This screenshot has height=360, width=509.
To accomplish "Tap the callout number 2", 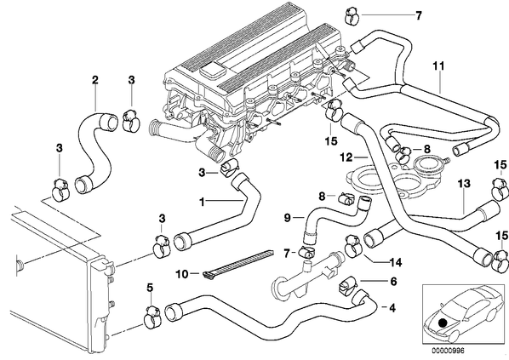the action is (x=94, y=80).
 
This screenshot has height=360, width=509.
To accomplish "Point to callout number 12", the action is (x=346, y=157).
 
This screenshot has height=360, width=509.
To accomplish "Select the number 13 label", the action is (x=464, y=184).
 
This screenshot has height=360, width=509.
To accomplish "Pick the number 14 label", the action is (x=396, y=262).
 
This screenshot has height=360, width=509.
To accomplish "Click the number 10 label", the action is (x=182, y=274).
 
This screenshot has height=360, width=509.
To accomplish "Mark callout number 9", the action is (x=288, y=218).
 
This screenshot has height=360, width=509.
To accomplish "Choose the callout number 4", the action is (x=392, y=308).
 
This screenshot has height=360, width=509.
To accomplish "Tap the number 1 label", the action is (x=202, y=203).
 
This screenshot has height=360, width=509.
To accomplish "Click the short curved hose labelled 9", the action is (x=328, y=215).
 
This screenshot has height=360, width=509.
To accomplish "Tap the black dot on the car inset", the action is (x=442, y=323).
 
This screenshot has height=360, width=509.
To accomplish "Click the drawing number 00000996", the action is (x=448, y=351).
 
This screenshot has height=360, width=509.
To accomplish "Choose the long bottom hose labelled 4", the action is (x=271, y=314).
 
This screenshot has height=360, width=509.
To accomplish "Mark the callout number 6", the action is (x=393, y=282).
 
